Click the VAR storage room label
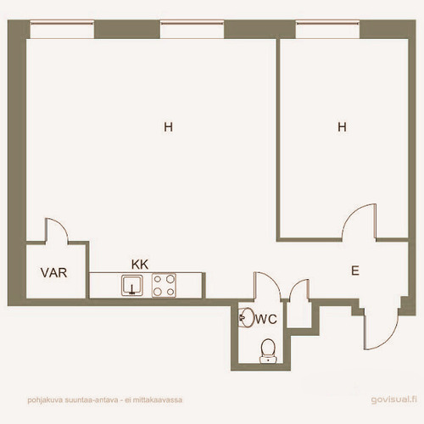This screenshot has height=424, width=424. click(x=53, y=273)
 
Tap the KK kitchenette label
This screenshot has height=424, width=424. click(x=140, y=265)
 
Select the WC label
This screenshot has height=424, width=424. click(x=266, y=319)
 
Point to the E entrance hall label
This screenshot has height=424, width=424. click(x=355, y=271)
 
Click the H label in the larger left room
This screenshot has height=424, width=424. click(x=168, y=127)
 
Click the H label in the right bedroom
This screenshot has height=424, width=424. click(x=342, y=127)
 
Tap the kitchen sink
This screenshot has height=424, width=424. click(x=132, y=286)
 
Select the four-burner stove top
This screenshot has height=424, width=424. click(x=164, y=285)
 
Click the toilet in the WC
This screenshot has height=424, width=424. click(x=268, y=351)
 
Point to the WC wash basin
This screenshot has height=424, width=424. click(x=246, y=317)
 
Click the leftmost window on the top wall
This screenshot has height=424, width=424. click(x=62, y=29)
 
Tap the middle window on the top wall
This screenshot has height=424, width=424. click(x=192, y=29)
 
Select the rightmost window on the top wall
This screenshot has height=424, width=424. click(x=327, y=29)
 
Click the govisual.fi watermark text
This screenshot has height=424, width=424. click(x=394, y=399)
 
